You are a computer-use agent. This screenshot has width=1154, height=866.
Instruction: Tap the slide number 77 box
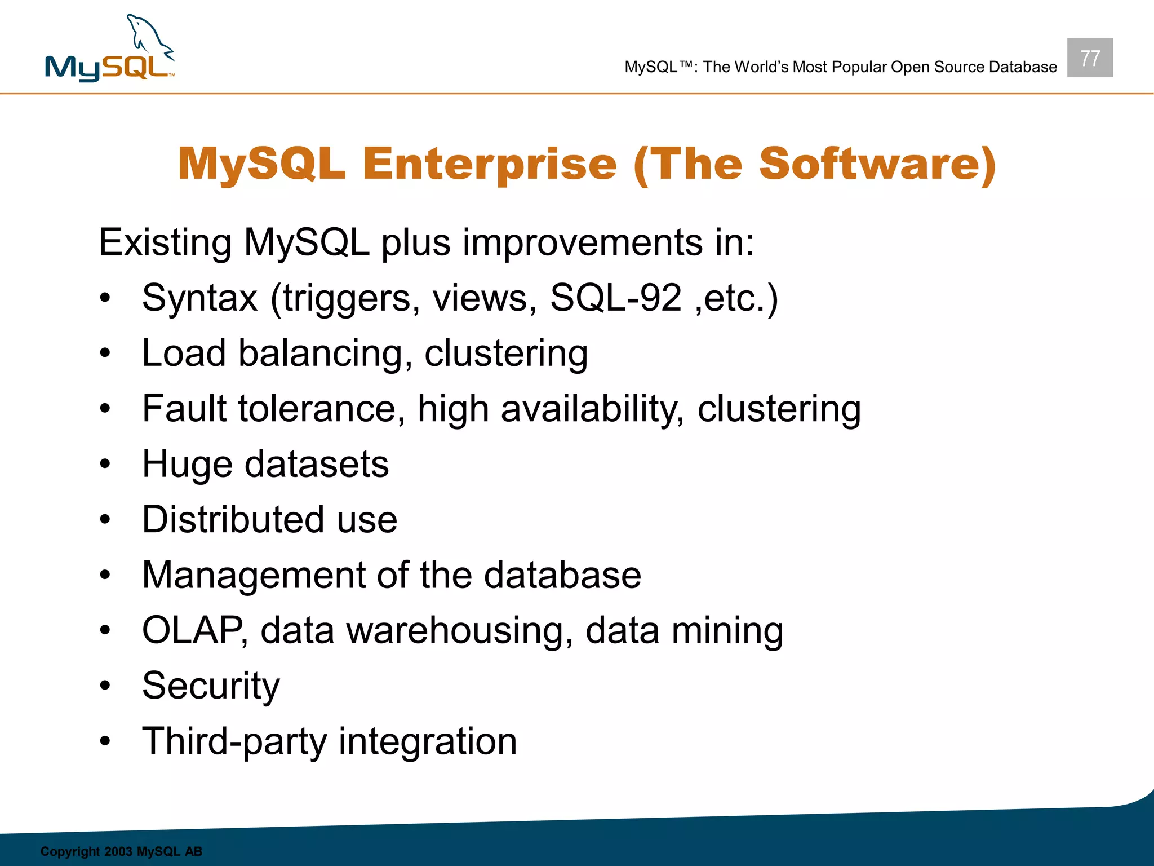1089,58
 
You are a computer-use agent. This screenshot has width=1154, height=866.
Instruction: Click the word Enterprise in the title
490,164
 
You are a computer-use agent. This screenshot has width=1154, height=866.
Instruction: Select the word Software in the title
870,164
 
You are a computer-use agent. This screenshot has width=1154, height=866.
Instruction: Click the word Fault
184,408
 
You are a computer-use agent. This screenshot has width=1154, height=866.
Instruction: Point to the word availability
592,409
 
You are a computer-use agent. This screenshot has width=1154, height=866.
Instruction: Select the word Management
253,576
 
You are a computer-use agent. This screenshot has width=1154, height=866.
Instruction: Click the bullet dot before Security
105,686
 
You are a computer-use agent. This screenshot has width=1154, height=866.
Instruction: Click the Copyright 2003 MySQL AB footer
121,851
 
